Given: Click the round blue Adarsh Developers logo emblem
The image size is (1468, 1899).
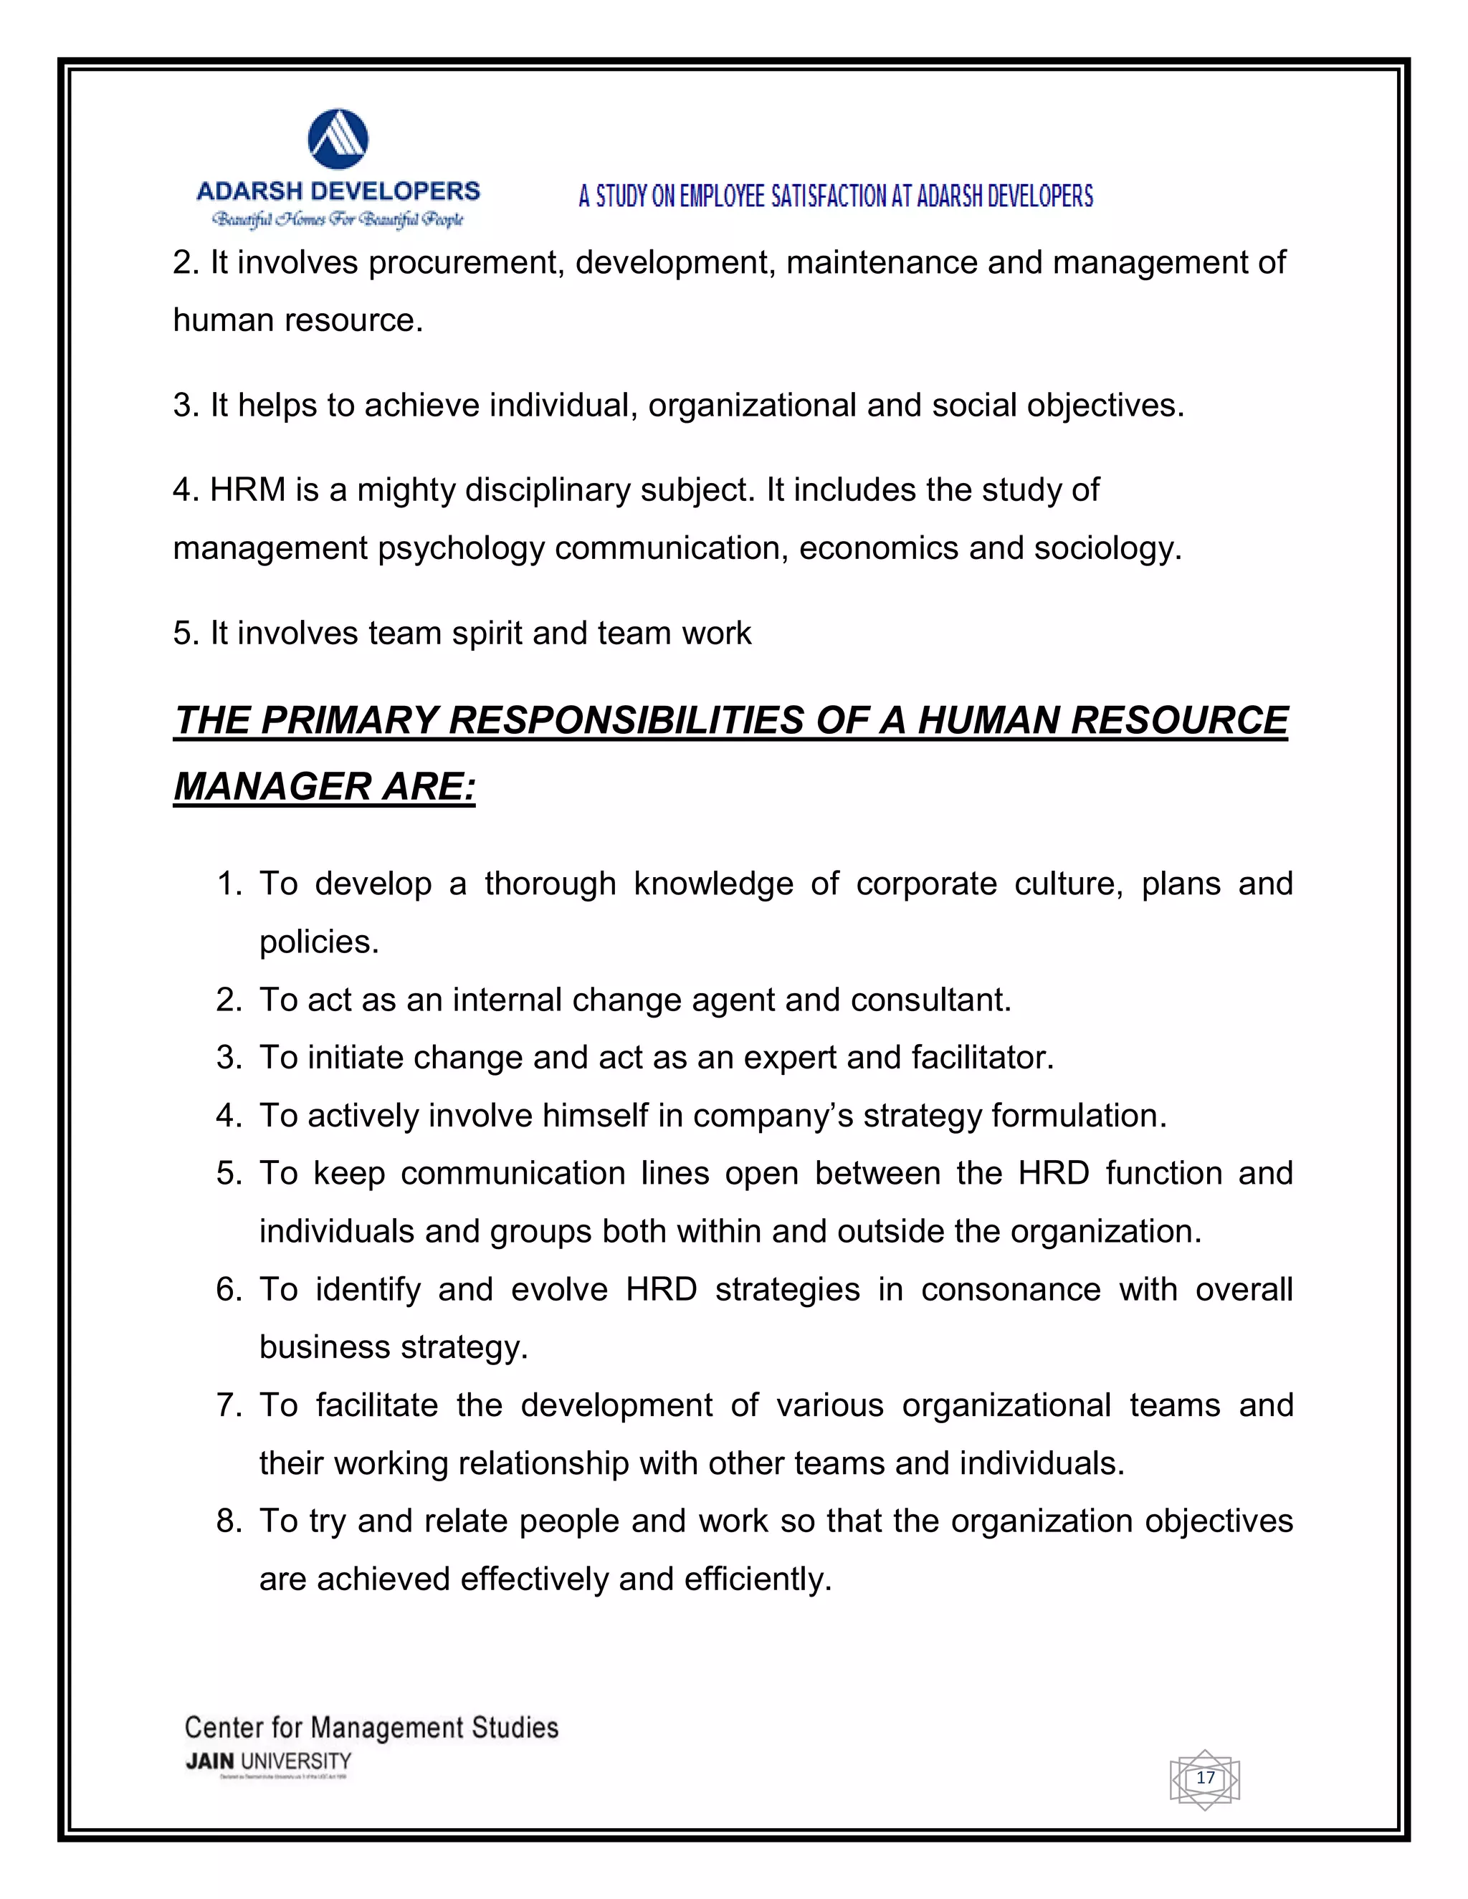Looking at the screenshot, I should (338, 139).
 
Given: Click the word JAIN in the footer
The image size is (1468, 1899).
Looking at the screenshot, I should (209, 1761).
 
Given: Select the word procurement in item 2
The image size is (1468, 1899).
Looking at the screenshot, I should (465, 262).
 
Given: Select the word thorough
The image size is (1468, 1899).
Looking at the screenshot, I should (550, 884).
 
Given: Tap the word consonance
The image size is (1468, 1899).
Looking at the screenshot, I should (1011, 1289).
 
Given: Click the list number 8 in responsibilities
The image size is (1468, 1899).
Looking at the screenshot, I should (228, 1521).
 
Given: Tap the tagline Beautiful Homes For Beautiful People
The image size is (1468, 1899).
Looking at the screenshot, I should (338, 219).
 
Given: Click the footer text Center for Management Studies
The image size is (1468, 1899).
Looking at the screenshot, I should (371, 1727).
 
